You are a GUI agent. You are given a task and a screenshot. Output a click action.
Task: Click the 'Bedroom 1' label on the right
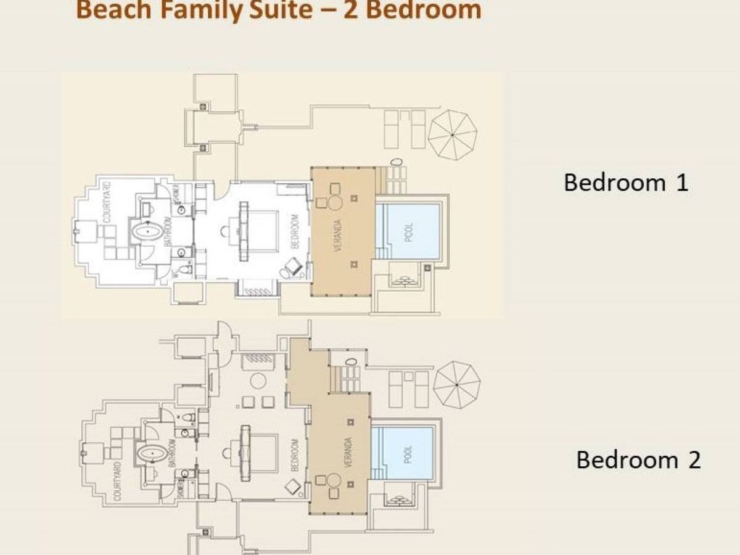(x=625, y=183)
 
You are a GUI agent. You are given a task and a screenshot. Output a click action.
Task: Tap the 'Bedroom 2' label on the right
(x=638, y=459)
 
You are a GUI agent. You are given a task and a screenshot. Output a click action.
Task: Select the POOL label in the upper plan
(x=409, y=231)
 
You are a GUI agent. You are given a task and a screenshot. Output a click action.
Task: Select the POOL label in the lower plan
(x=408, y=454)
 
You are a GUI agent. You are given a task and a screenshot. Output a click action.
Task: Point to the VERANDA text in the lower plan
(x=348, y=452)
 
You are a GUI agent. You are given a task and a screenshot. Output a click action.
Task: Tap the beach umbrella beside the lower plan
(x=456, y=384)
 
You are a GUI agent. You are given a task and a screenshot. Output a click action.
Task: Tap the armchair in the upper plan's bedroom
(x=292, y=267)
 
